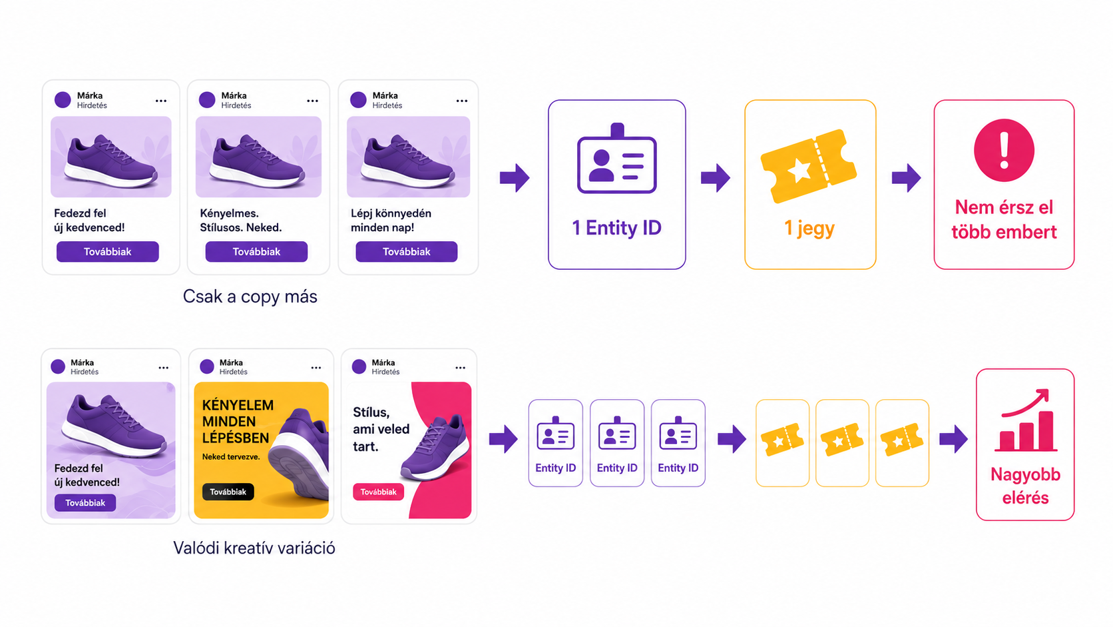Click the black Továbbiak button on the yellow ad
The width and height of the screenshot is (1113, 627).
click(x=228, y=492)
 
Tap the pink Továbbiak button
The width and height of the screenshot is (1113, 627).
click(x=378, y=492)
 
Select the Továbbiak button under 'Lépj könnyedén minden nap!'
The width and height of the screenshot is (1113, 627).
click(x=407, y=252)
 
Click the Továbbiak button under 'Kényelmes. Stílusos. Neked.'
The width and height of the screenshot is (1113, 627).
click(x=256, y=252)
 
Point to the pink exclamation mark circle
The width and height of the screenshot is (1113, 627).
click(x=1004, y=150)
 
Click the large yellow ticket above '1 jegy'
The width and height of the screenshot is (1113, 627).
click(x=809, y=166)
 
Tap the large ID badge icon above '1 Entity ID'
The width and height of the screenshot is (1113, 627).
click(x=616, y=158)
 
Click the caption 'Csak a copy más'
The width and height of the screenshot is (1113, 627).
click(x=250, y=297)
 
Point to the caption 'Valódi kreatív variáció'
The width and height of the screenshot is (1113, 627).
click(x=254, y=548)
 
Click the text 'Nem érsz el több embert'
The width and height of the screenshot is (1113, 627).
click(x=1004, y=219)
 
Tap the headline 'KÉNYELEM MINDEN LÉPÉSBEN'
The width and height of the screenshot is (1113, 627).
click(x=238, y=421)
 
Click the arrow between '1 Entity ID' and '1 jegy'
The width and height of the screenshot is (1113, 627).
click(x=716, y=177)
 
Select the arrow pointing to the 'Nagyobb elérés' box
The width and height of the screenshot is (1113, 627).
click(x=953, y=438)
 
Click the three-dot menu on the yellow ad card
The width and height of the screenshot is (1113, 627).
click(x=316, y=368)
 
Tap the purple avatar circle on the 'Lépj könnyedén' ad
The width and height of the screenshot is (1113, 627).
click(x=358, y=99)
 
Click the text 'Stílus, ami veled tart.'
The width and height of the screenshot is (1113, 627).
click(x=381, y=429)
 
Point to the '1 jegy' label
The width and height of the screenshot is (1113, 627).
click(x=809, y=229)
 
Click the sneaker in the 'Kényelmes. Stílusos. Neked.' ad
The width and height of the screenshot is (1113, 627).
click(x=257, y=160)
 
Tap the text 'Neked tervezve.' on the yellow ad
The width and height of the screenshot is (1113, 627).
click(x=231, y=456)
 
